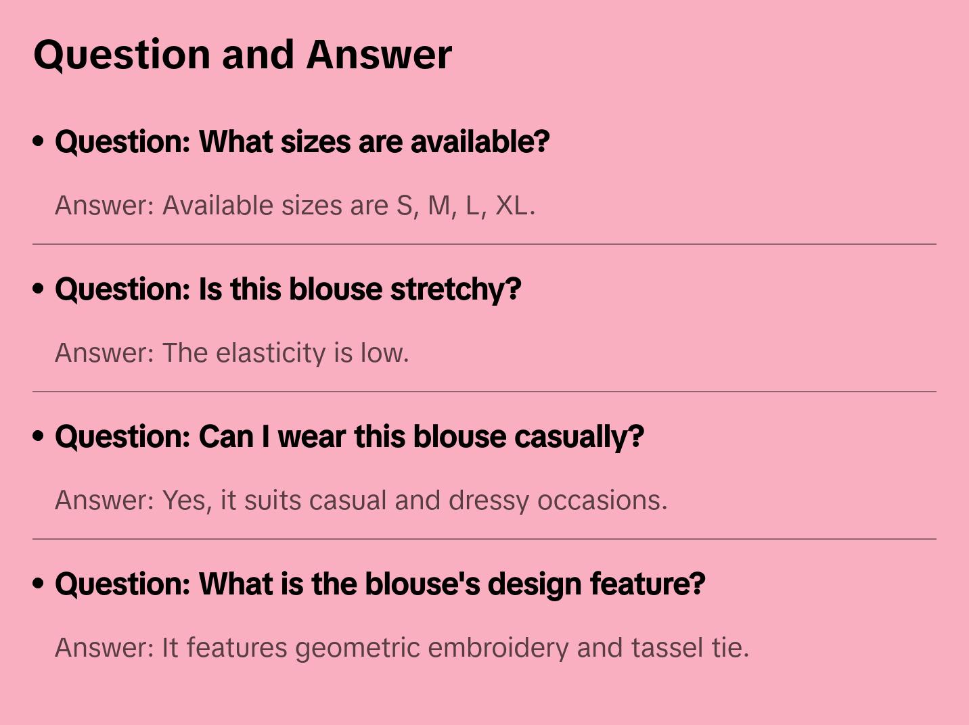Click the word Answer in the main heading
(x=379, y=55)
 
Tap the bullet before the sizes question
(x=39, y=141)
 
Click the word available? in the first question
(x=480, y=142)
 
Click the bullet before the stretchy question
(x=39, y=289)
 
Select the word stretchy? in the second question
(x=455, y=289)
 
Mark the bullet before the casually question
(x=39, y=436)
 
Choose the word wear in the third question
(x=312, y=437)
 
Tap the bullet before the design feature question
(x=39, y=584)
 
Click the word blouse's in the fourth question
(x=422, y=584)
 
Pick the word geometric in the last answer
(x=357, y=649)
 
